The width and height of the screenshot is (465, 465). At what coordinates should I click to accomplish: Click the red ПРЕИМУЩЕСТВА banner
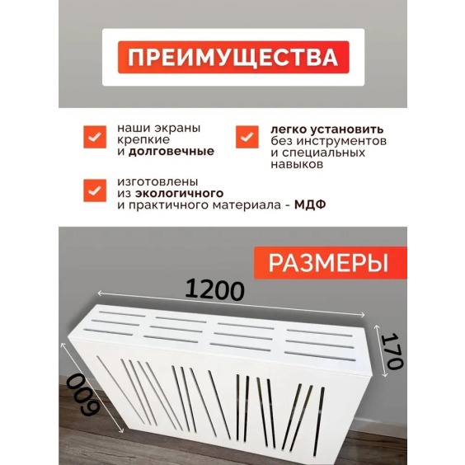(x=233, y=58)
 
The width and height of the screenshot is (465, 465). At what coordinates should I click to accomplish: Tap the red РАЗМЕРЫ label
(x=328, y=263)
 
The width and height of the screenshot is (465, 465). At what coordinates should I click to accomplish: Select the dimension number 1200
(x=215, y=289)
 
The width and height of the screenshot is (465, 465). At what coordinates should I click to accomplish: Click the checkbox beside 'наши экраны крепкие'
(x=94, y=135)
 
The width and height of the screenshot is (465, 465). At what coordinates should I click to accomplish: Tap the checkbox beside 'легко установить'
(x=247, y=136)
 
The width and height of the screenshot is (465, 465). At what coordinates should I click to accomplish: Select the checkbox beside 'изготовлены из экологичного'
(x=94, y=189)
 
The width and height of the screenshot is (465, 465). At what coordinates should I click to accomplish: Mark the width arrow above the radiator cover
(x=231, y=303)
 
